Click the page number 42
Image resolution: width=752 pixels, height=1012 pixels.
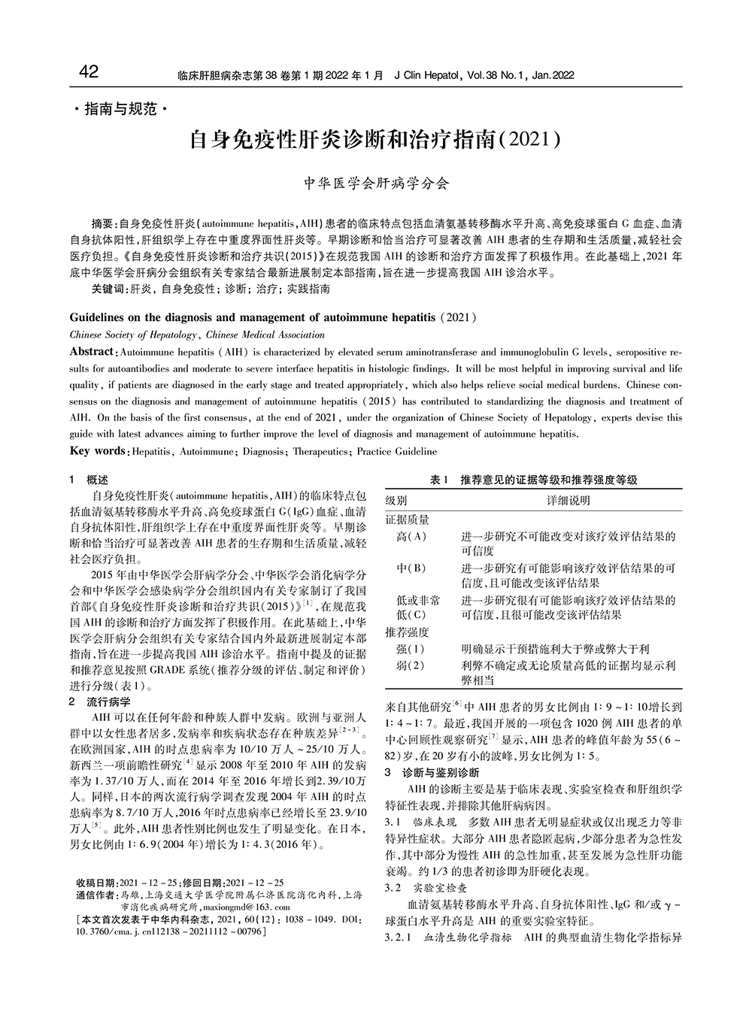(x=88, y=72)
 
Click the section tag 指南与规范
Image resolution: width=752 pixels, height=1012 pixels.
(x=120, y=110)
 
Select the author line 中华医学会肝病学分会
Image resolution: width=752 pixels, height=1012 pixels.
(x=375, y=183)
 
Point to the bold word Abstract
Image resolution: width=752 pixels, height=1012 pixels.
(x=92, y=352)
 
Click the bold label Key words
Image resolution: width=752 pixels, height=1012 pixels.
(x=98, y=451)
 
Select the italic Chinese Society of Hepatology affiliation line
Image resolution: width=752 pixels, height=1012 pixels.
(x=197, y=335)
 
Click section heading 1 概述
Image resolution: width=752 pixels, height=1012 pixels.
(x=89, y=480)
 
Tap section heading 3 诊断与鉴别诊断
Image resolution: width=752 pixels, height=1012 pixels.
(x=431, y=772)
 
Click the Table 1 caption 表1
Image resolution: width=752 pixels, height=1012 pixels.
(x=438, y=480)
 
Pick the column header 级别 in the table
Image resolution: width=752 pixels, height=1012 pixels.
(x=396, y=500)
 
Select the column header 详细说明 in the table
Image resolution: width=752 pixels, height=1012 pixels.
(x=568, y=500)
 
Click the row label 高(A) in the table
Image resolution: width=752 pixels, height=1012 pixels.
(x=411, y=536)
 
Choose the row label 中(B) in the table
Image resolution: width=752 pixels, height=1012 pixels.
(x=411, y=568)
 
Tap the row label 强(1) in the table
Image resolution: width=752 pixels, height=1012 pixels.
(x=411, y=648)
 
